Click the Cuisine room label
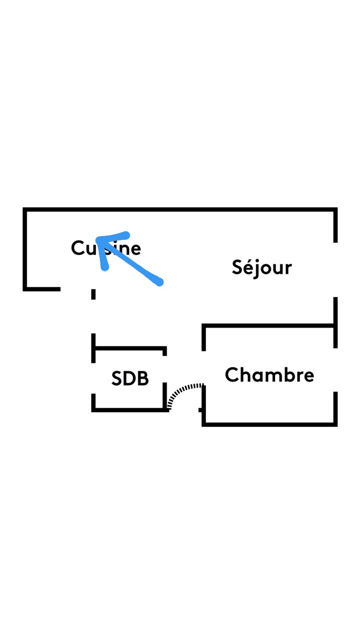click(x=106, y=248)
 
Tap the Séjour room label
click(x=262, y=267)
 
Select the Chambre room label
click(x=269, y=375)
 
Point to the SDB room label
click(x=130, y=379)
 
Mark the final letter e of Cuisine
click(x=135, y=249)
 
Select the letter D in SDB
click(x=130, y=379)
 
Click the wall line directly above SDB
click(x=130, y=348)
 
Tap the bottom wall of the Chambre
click(x=269, y=424)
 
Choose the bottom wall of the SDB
click(x=130, y=409)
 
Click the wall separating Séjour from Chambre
click(x=269, y=326)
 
